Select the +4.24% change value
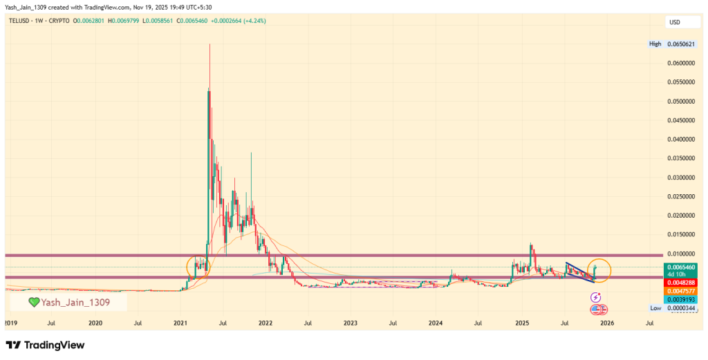(252, 21)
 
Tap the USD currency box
(675, 22)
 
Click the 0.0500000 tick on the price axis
(681, 101)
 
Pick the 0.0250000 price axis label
(681, 196)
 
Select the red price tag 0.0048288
(681, 283)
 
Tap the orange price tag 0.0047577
(681, 291)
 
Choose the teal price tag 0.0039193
(681, 299)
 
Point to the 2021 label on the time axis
(180, 322)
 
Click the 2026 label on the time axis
(606, 322)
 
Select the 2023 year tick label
(351, 322)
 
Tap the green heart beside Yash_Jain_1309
(33, 302)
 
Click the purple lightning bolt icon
(595, 297)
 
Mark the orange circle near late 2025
(599, 270)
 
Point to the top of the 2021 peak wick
(209, 44)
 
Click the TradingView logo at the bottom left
(45, 345)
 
